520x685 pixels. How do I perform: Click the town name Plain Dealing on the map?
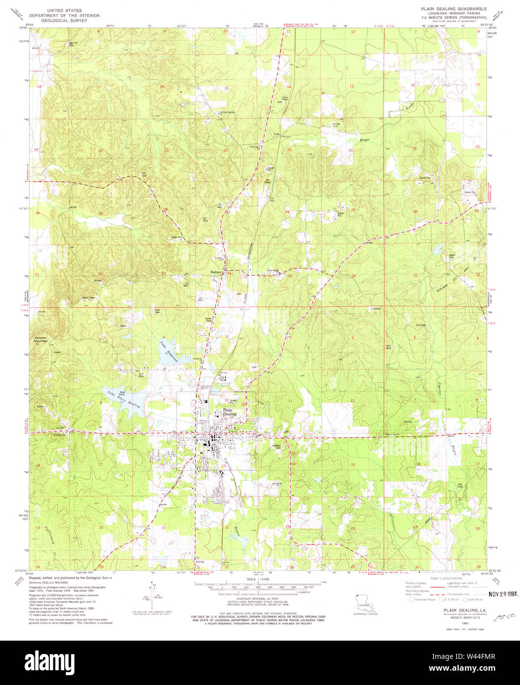[229, 412]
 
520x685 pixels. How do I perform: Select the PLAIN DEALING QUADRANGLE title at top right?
[453, 9]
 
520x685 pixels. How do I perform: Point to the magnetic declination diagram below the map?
[152, 596]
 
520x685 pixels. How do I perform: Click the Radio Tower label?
[89, 298]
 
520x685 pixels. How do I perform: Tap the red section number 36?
[353, 275]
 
